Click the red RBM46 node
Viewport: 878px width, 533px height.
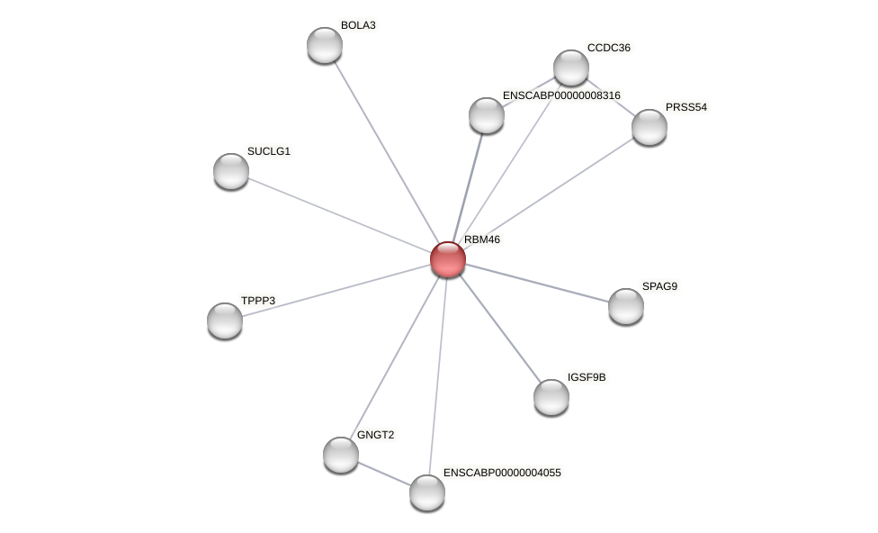(447, 259)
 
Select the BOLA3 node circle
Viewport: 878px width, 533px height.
(325, 45)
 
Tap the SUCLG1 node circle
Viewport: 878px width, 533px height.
(231, 171)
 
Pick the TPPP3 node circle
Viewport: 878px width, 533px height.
(225, 321)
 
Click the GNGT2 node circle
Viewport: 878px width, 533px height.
(341, 455)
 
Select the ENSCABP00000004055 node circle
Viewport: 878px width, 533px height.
(427, 492)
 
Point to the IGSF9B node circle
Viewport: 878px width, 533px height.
(551, 397)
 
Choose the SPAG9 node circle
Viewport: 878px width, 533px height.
(626, 306)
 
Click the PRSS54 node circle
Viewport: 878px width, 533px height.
(650, 127)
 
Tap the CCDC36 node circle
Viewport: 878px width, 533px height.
(571, 68)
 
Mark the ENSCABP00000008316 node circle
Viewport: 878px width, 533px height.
(487, 115)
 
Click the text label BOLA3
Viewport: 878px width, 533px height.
(358, 25)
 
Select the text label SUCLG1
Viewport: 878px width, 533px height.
(269, 151)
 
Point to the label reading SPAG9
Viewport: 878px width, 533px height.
(659, 286)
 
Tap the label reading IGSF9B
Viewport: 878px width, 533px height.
(587, 377)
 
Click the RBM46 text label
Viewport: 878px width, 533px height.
(482, 239)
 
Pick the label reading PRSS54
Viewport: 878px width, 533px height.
(686, 107)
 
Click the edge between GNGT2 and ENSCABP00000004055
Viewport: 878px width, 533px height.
(384, 474)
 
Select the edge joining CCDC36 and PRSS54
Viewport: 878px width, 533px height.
(612, 98)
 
